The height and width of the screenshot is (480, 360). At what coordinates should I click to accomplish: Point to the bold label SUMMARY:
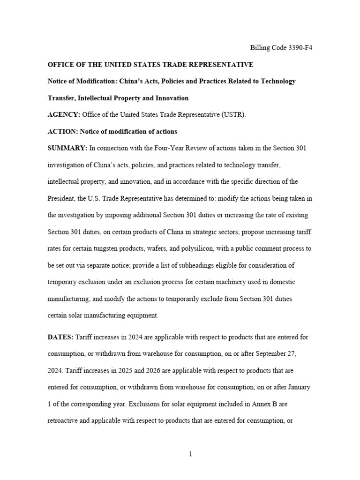[x=67, y=148]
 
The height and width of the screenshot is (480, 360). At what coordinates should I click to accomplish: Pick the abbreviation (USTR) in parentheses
[x=234, y=114]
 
